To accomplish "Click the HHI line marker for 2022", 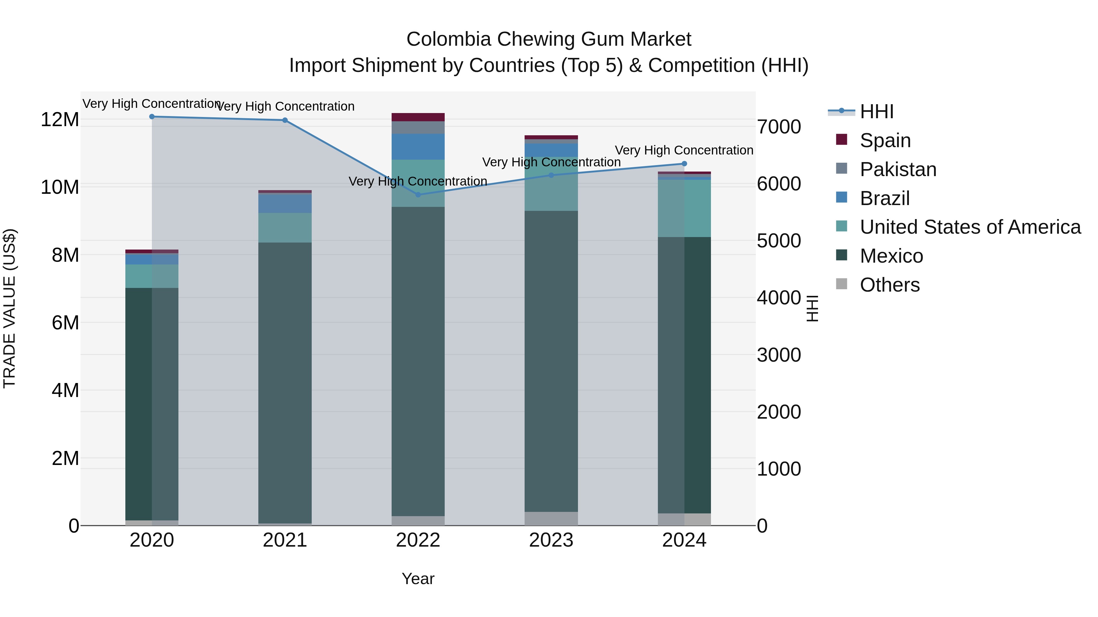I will [x=418, y=195].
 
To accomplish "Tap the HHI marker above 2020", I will [x=152, y=117].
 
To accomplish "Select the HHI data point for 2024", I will [x=684, y=164].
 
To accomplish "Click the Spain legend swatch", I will [x=841, y=140].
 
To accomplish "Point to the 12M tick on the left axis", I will [x=60, y=120].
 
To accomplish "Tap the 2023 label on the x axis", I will [x=551, y=540].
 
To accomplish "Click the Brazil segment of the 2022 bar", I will [x=418, y=147].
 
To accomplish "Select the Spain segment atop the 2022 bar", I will [x=418, y=117].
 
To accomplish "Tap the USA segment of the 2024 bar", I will [x=684, y=208].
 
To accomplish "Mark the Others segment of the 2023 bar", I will [x=551, y=518].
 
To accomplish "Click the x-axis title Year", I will [x=418, y=579].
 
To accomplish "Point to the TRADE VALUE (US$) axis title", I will [x=9, y=308].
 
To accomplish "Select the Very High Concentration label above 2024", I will [x=684, y=150].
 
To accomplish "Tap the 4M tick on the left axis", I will [x=65, y=391].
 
